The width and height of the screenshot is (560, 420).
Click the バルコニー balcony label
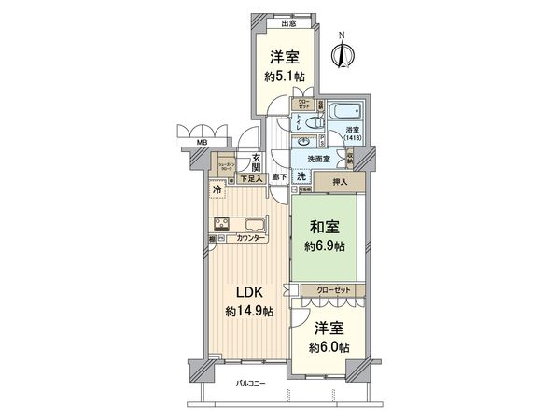[x=250, y=385]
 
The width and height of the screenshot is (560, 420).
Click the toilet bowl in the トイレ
[x=314, y=122]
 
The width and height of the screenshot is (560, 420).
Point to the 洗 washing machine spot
[x=301, y=175]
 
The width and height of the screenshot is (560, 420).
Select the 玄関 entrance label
[x=254, y=160]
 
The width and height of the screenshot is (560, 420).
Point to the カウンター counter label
[x=251, y=240]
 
